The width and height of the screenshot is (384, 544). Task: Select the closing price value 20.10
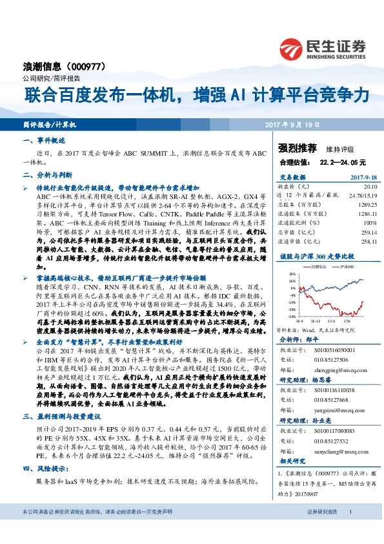(369, 184)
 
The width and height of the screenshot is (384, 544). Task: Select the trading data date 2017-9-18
(363, 176)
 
